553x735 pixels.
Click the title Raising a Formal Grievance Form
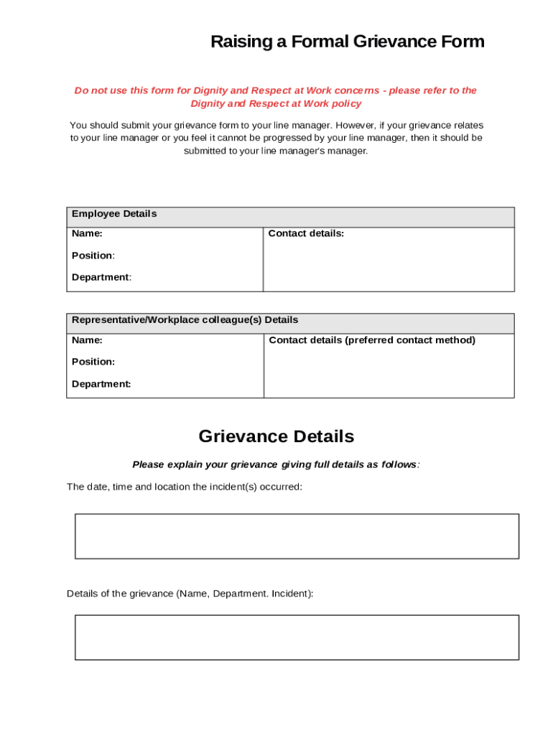pos(348,42)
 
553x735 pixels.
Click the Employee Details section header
pos(114,214)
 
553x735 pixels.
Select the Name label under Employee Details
pos(87,233)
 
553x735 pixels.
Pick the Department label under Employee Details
pos(101,277)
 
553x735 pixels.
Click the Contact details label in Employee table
pos(306,233)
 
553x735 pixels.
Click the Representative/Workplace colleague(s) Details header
pos(185,320)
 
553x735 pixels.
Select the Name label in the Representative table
pos(87,340)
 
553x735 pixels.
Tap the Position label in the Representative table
pos(93,362)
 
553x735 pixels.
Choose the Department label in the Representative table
pos(101,384)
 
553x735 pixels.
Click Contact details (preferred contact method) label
pos(372,340)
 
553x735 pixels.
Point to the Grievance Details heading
pos(276,436)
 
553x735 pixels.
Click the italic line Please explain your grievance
pos(276,464)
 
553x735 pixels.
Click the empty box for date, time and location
pos(297,536)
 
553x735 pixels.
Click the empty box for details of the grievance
pos(297,637)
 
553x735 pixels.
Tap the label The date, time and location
pos(185,487)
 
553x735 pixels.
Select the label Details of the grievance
pos(190,594)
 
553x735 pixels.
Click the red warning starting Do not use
pos(276,90)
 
